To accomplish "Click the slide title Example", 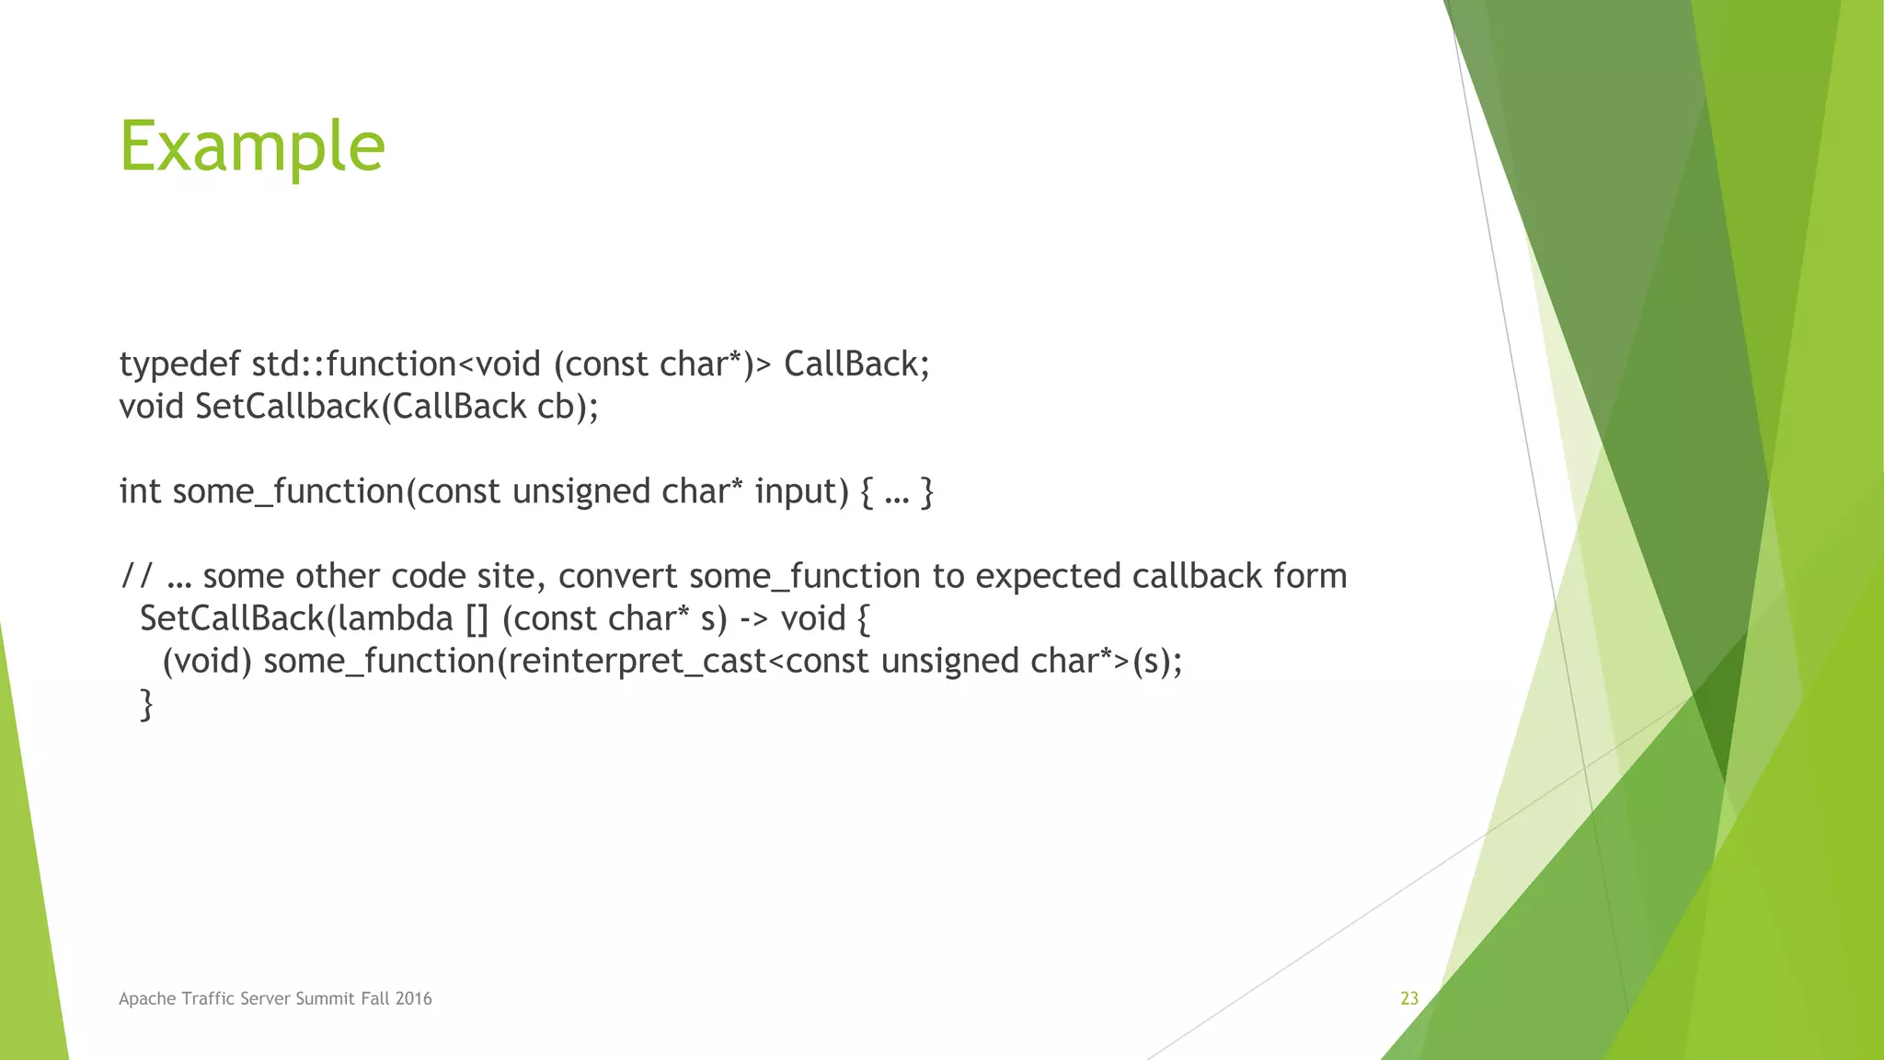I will point(252,147).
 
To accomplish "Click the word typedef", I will point(179,365).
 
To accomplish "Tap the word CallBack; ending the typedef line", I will point(856,364).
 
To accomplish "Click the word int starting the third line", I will point(140,491).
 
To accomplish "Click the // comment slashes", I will point(137,576).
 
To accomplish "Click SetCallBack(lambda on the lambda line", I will point(296,618).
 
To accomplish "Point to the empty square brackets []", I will point(477,619).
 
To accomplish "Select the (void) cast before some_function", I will point(207,662).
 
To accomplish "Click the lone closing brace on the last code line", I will point(145,705).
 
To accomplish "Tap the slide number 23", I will point(1408,998).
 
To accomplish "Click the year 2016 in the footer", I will point(413,998).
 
